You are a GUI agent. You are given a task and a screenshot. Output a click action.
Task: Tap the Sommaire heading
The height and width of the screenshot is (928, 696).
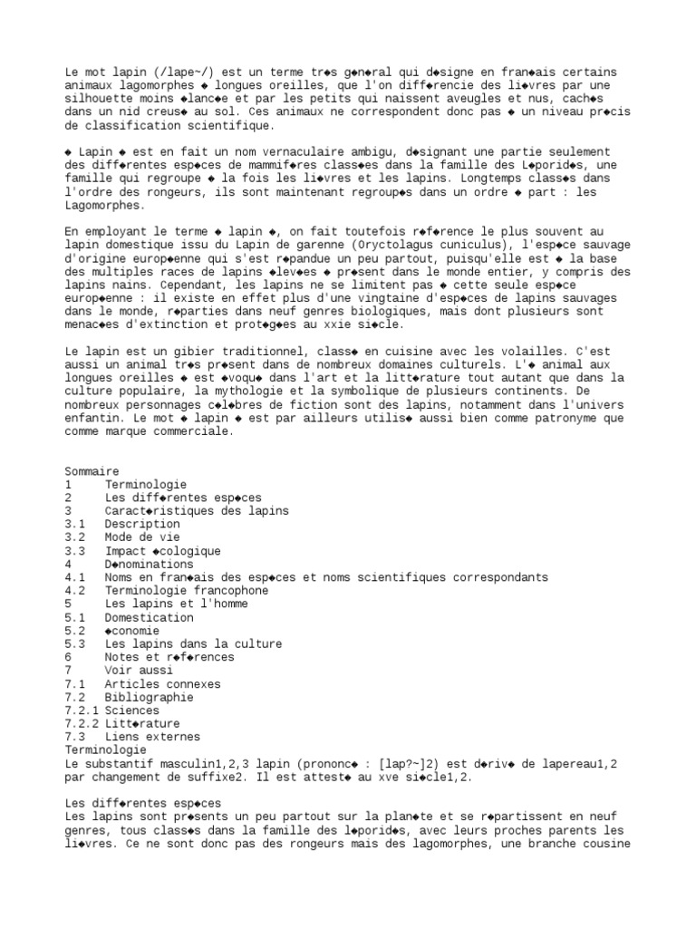(x=92, y=471)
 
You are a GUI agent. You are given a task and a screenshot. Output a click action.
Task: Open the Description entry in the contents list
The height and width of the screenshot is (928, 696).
(x=141, y=525)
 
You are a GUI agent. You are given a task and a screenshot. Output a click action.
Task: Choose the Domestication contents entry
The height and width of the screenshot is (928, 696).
(x=148, y=618)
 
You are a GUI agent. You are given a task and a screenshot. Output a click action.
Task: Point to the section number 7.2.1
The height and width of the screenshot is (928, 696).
(x=82, y=711)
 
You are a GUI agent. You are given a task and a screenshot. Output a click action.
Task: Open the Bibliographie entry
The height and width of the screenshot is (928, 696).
(x=148, y=698)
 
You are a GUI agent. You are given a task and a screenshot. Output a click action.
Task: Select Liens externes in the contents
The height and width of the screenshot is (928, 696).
(x=151, y=738)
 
